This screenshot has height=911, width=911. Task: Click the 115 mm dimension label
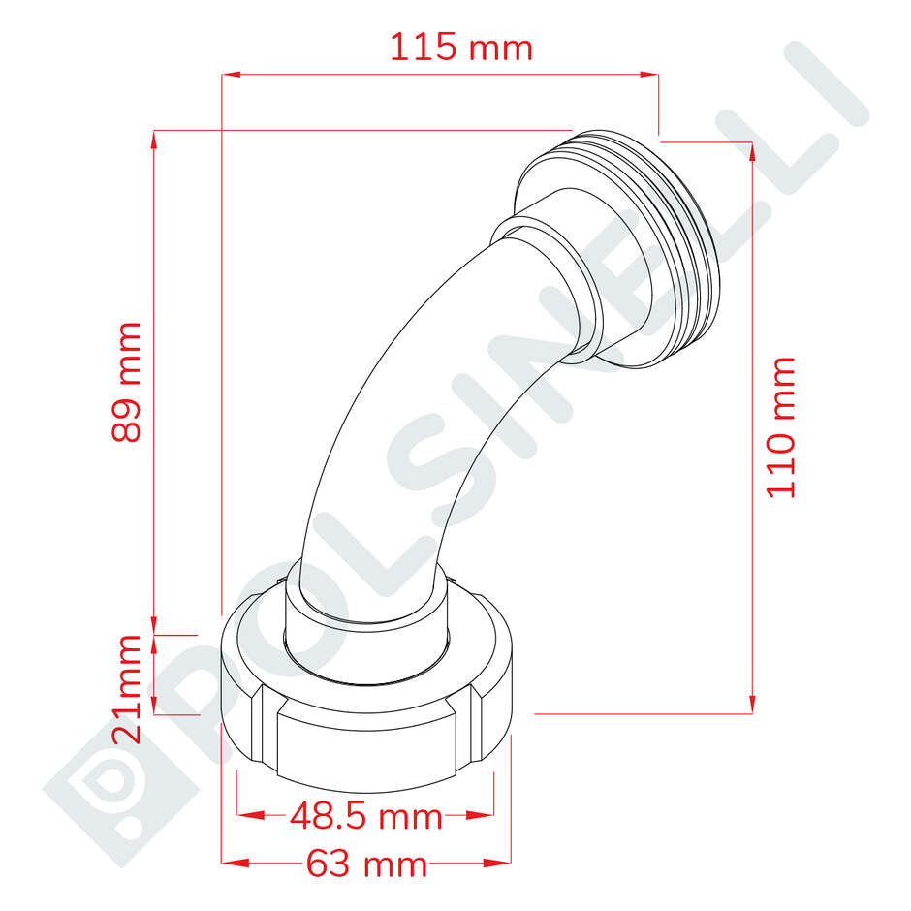coord(461,47)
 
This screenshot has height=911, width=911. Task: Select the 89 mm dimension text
coord(127,382)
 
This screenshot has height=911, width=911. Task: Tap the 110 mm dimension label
coord(781,426)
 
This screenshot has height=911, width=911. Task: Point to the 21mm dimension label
coord(127,688)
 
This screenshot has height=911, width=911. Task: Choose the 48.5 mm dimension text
coord(366,817)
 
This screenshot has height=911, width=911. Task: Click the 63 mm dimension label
coord(366,863)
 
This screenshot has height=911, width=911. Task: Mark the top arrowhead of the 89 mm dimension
coord(155,139)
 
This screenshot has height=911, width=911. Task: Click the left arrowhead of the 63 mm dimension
coord(231,862)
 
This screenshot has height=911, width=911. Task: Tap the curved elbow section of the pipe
coord(407,407)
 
